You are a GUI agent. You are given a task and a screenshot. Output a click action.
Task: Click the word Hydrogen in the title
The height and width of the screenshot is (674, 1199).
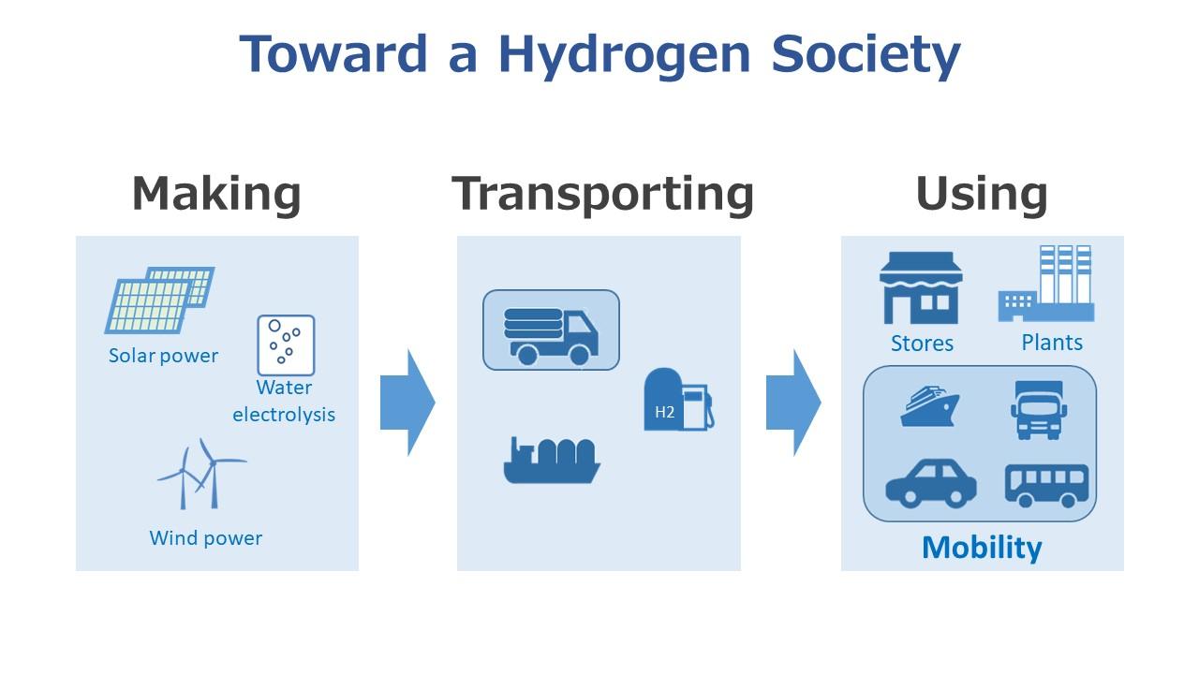pyautogui.click(x=624, y=56)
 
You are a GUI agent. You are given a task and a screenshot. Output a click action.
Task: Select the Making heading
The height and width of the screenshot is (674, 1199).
pyautogui.click(x=216, y=195)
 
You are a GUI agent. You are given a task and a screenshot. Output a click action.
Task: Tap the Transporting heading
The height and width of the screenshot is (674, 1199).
pyautogui.click(x=602, y=195)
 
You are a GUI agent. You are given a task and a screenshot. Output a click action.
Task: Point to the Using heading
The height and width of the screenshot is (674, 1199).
pyautogui.click(x=982, y=195)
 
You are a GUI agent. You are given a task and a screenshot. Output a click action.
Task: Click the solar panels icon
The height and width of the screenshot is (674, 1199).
pyautogui.click(x=159, y=300)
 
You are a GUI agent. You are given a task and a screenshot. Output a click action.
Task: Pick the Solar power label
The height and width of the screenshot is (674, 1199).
pyautogui.click(x=163, y=356)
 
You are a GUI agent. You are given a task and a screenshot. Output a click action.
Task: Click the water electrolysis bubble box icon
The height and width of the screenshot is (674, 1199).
pyautogui.click(x=286, y=345)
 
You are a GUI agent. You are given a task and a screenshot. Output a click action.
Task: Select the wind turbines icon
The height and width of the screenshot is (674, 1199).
pyautogui.click(x=201, y=474)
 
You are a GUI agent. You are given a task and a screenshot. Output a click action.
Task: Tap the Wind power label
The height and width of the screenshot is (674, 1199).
pyautogui.click(x=206, y=538)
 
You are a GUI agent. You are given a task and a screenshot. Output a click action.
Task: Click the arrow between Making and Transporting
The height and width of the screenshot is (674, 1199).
pyautogui.click(x=407, y=403)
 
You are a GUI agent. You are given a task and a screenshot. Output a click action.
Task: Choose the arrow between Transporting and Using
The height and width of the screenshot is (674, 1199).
pyautogui.click(x=793, y=403)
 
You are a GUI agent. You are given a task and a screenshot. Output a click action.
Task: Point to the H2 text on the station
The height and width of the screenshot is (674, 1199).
pyautogui.click(x=664, y=413)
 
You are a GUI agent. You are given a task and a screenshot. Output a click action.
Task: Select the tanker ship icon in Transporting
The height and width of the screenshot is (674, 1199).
pyautogui.click(x=552, y=461)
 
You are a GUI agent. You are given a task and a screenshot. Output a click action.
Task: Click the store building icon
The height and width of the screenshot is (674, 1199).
pyautogui.click(x=921, y=287)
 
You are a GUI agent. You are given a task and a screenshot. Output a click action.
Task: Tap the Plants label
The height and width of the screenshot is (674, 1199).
pyautogui.click(x=1052, y=343)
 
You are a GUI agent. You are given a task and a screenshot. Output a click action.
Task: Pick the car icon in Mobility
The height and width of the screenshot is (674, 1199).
pyautogui.click(x=931, y=483)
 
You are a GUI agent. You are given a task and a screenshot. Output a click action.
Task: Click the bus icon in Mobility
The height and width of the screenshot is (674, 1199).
pyautogui.click(x=1046, y=486)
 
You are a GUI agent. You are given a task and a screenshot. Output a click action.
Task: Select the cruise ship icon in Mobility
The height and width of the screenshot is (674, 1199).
pyautogui.click(x=930, y=406)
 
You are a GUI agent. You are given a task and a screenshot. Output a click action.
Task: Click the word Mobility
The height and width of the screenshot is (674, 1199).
pyautogui.click(x=982, y=548)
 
